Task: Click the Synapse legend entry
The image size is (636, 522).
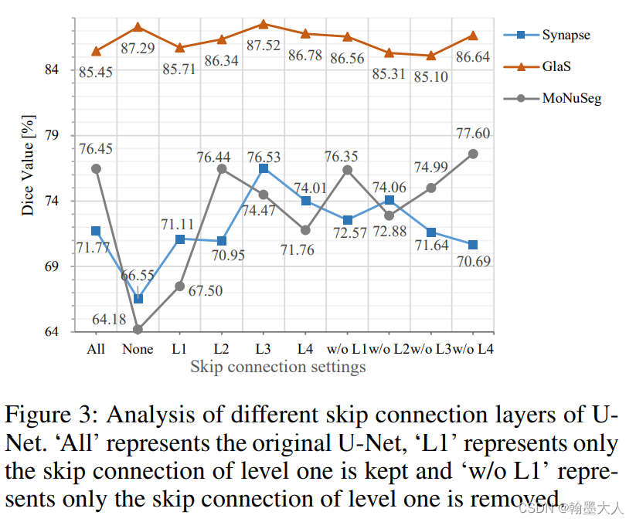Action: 566,35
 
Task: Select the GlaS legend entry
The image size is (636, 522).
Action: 556,66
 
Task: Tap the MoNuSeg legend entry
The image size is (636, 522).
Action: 570,98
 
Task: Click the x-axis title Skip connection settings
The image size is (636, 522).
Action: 278,367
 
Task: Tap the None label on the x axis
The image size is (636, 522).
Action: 138,349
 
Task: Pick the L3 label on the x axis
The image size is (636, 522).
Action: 263,349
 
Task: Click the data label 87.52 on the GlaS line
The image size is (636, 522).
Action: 263,46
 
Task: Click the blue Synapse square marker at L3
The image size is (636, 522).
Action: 264,168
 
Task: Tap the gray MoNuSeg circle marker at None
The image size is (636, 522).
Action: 138,330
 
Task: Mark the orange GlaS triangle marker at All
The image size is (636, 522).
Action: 96,51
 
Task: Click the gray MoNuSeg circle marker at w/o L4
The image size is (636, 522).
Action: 472,154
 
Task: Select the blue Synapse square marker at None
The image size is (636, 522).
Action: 138,299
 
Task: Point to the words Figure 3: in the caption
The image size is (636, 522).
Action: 52,415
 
